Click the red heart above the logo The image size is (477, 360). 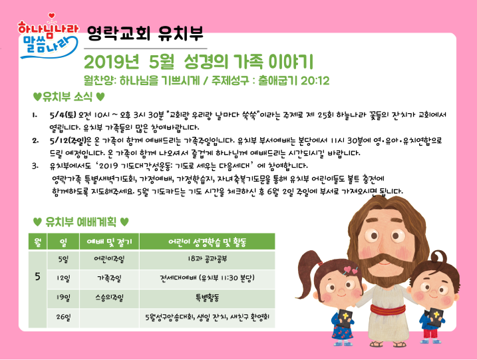52,15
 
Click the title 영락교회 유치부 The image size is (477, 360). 145,33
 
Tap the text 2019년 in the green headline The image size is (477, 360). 111,62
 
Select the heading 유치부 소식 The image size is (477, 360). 68,96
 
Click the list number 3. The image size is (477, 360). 35,166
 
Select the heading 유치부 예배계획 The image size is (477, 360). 80,222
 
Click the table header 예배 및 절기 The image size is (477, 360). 109,242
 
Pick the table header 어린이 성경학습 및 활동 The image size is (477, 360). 207,242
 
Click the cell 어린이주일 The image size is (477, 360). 109,260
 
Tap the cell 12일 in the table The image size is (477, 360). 63,278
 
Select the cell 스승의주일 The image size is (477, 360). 109,297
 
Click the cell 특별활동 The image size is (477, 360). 207,297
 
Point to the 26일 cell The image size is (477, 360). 63,317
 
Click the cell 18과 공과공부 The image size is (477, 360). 207,260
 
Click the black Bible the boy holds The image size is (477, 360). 435,317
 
